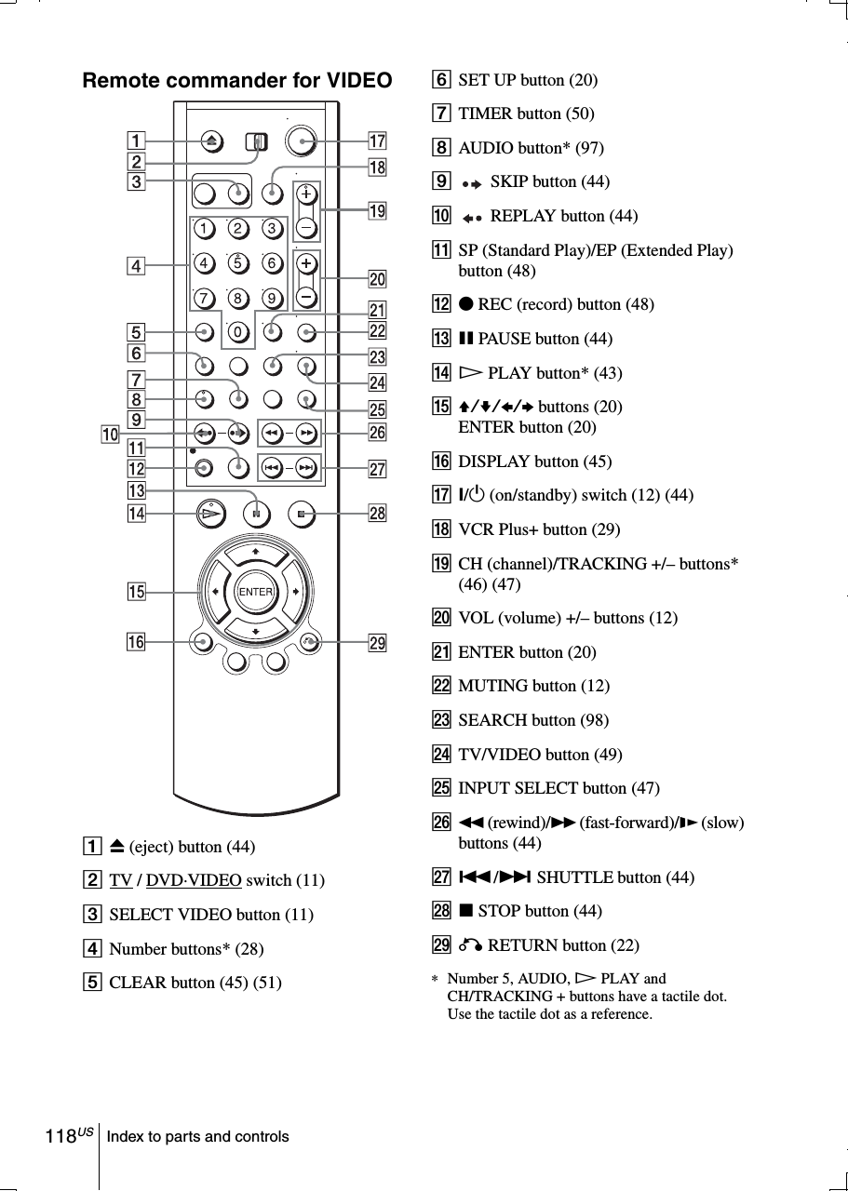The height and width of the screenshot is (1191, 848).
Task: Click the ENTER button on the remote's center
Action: pyautogui.click(x=255, y=592)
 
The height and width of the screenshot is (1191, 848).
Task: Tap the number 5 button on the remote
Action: pyautogui.click(x=236, y=262)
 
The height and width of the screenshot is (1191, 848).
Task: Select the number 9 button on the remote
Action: pyautogui.click(x=270, y=298)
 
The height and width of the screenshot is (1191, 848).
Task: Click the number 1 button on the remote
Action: pyautogui.click(x=203, y=229)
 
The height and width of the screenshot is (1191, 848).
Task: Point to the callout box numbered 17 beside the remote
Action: pyautogui.click(x=377, y=141)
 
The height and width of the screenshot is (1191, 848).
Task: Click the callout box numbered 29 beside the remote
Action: pyautogui.click(x=377, y=643)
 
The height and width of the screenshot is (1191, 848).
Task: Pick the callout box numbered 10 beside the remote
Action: pyautogui.click(x=111, y=434)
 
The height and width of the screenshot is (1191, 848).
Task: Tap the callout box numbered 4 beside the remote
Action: pyautogui.click(x=137, y=266)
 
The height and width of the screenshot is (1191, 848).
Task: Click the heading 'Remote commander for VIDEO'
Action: pyautogui.click(x=237, y=81)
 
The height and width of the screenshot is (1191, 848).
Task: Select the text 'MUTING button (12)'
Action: pyautogui.click(x=533, y=686)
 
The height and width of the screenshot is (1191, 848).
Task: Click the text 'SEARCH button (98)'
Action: pyautogui.click(x=533, y=720)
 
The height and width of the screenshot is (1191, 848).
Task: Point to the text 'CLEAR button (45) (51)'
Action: pyautogui.click(x=195, y=983)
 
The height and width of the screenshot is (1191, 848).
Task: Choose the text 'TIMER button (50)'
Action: pyautogui.click(x=526, y=114)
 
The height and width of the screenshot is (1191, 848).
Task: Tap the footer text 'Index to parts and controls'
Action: pyautogui.click(x=197, y=1137)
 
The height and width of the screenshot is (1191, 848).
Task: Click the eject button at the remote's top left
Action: pyautogui.click(x=206, y=141)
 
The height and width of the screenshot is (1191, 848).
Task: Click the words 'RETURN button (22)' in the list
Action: pyautogui.click(x=563, y=945)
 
